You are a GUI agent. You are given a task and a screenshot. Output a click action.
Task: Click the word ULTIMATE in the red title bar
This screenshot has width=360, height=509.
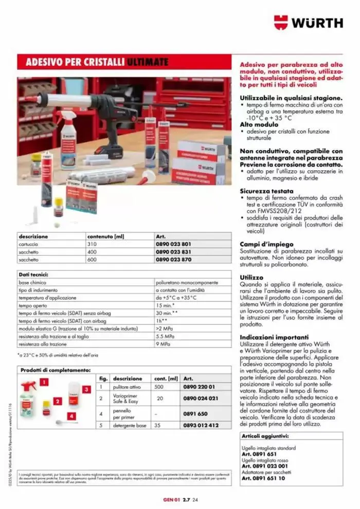148,62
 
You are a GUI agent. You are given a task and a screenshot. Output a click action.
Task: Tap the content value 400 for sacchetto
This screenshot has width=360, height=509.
92,252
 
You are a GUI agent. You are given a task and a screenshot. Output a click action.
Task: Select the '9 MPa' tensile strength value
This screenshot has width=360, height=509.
163,344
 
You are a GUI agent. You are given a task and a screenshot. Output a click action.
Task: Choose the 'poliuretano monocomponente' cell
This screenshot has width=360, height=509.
187,283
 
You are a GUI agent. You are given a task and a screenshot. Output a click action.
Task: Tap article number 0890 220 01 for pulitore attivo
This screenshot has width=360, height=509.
199,387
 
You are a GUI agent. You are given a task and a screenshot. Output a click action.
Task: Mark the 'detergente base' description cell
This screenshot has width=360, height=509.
130,426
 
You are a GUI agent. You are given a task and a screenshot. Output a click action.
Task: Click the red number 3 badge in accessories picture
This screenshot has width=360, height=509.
86,390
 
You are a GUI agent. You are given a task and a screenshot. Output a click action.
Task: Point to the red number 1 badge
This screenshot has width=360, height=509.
45,382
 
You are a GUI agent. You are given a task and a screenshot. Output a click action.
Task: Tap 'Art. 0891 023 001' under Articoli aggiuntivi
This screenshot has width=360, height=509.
266,466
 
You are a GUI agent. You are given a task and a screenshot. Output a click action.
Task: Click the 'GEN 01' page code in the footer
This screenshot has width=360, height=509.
170,499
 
